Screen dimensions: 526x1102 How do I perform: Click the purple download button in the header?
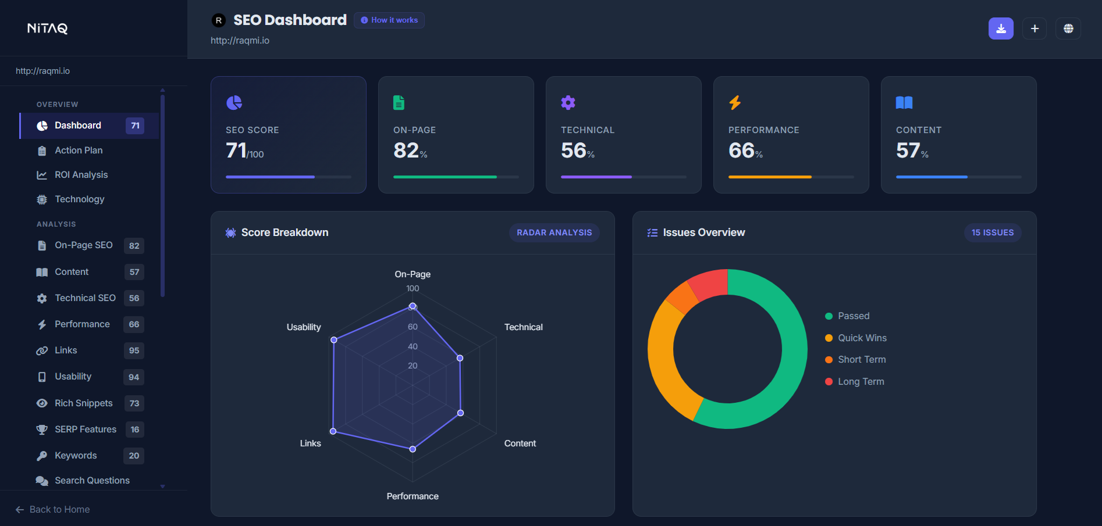pos(1001,28)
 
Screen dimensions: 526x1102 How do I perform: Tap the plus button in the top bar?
pos(1035,28)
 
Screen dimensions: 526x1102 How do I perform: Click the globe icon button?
pos(1068,28)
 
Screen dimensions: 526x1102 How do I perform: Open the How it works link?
pos(389,20)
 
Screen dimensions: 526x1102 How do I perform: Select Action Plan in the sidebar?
pos(79,151)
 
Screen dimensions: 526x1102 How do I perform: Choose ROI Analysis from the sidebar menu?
pos(81,175)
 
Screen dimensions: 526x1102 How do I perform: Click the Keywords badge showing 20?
pos(134,456)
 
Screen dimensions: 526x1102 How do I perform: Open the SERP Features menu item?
pos(85,430)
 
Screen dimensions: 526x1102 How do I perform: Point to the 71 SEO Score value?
pos(237,151)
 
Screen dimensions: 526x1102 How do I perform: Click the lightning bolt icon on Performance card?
pos(735,103)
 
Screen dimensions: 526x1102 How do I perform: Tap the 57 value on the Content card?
pos(908,151)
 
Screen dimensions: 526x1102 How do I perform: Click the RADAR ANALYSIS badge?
pos(554,232)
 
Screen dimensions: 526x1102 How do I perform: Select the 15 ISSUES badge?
pos(992,232)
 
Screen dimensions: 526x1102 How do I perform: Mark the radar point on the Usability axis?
pos(334,340)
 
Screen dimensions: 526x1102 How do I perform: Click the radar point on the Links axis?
pos(333,431)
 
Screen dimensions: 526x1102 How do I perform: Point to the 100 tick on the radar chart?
pos(413,289)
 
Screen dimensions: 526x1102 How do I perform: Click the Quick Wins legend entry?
pos(862,338)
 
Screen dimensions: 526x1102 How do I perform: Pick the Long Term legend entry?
pos(861,382)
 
